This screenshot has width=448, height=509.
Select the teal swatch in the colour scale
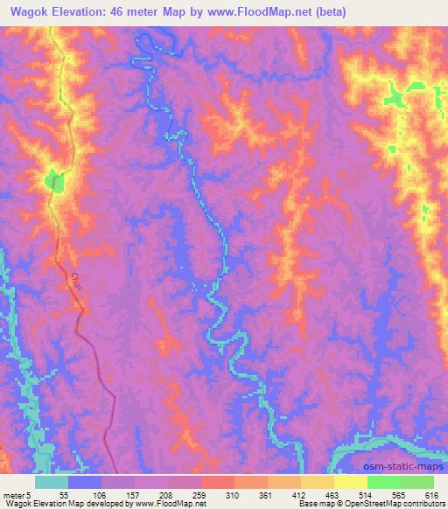coord(52,482)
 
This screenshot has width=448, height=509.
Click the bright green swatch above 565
coord(384,482)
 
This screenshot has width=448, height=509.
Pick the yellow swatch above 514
coord(351,482)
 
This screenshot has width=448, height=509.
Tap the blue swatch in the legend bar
coord(85,482)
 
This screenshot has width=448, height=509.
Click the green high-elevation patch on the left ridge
coord(55,182)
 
